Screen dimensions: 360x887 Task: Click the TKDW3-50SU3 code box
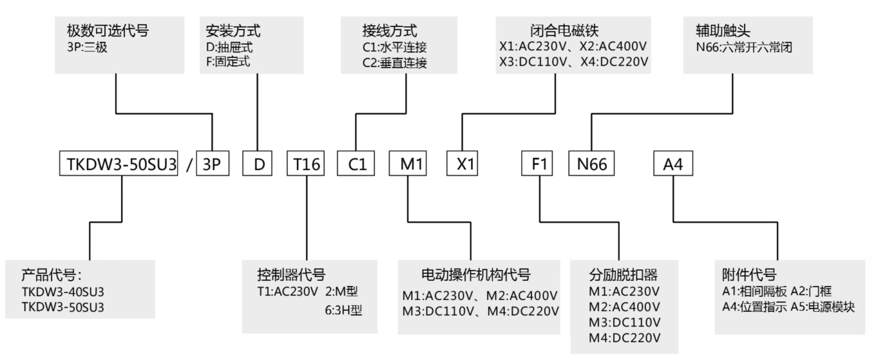click(x=117, y=164)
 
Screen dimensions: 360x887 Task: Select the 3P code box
click(x=212, y=164)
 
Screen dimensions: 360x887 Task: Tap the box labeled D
click(x=258, y=164)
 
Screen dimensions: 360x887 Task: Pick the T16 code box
click(x=306, y=164)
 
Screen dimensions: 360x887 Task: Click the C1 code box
click(x=357, y=164)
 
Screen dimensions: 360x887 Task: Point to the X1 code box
click(x=465, y=164)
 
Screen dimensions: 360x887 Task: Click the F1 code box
click(x=539, y=164)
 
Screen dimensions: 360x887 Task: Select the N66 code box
click(x=591, y=164)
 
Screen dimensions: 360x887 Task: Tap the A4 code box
click(x=673, y=164)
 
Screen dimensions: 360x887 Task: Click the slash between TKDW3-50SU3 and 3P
click(x=188, y=164)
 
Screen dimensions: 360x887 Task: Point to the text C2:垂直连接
click(x=394, y=63)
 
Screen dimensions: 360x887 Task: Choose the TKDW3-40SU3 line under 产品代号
click(x=62, y=292)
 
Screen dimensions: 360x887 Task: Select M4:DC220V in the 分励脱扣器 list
click(x=624, y=337)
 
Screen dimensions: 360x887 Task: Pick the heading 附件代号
click(x=749, y=273)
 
